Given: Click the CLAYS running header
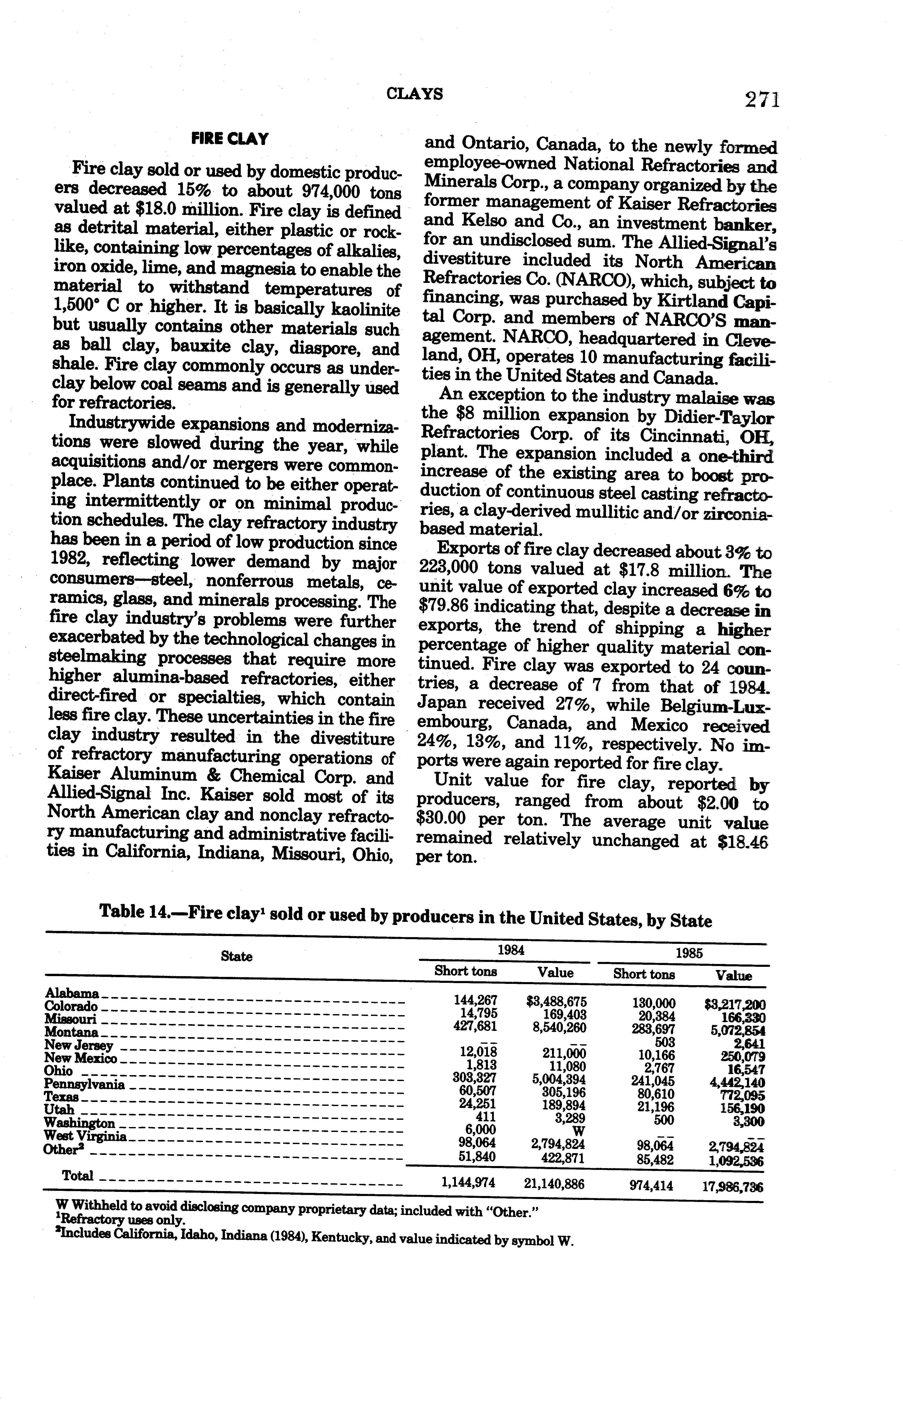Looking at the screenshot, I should coord(415,94).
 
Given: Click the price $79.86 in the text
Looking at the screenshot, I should coord(447,608).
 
